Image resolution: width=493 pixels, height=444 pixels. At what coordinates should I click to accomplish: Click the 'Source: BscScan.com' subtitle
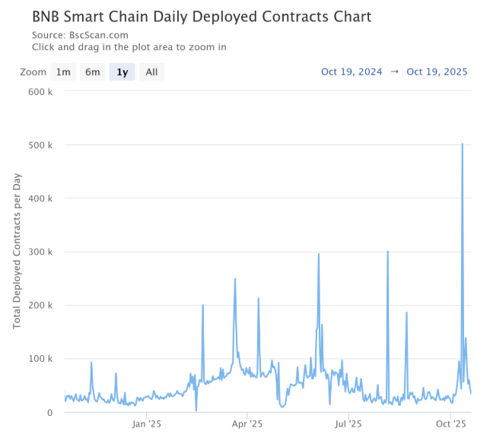click(80, 35)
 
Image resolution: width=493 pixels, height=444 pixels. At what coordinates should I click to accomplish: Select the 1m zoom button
click(63, 72)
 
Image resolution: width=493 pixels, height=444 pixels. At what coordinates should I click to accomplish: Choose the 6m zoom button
click(92, 72)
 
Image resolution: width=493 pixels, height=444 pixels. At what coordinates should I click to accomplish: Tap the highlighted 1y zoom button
click(122, 72)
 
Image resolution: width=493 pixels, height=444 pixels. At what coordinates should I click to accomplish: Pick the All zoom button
click(151, 72)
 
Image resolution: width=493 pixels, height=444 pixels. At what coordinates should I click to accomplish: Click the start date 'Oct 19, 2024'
click(351, 72)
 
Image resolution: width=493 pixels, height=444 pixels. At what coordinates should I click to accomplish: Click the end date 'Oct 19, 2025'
click(437, 72)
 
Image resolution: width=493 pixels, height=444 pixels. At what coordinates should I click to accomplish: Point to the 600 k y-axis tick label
click(40, 91)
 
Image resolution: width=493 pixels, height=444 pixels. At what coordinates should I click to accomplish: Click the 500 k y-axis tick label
click(40, 144)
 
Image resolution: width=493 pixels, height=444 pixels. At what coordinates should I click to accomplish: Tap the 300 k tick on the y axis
click(40, 252)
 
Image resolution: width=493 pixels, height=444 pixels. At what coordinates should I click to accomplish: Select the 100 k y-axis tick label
click(40, 359)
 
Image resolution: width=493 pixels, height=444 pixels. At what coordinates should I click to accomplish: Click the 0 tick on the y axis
click(49, 413)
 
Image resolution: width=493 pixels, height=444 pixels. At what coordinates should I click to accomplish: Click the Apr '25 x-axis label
click(247, 424)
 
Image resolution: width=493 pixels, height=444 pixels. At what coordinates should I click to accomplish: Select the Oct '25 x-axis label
click(451, 424)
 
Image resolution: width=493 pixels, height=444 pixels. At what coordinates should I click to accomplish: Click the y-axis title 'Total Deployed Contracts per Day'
click(17, 251)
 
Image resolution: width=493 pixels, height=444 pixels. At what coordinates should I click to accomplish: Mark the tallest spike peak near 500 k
click(463, 144)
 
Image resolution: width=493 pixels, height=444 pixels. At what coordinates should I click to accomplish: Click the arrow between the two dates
click(394, 72)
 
